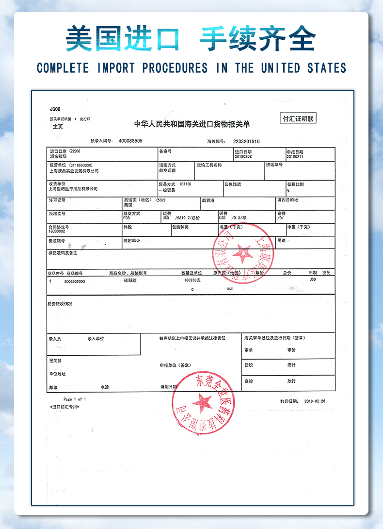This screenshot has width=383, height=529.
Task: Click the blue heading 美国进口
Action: (122, 39)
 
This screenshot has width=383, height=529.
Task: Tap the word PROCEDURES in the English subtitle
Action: (175, 68)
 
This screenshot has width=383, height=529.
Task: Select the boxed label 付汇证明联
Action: (299, 118)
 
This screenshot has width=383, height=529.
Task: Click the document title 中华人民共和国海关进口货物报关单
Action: (192, 124)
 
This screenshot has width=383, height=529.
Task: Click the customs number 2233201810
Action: (246, 141)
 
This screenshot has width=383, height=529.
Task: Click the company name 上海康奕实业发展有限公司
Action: (74, 171)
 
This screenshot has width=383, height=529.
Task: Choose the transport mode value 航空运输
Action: (168, 171)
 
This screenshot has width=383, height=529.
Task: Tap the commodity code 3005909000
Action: (74, 281)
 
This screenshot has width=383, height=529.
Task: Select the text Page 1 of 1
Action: (74, 399)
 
